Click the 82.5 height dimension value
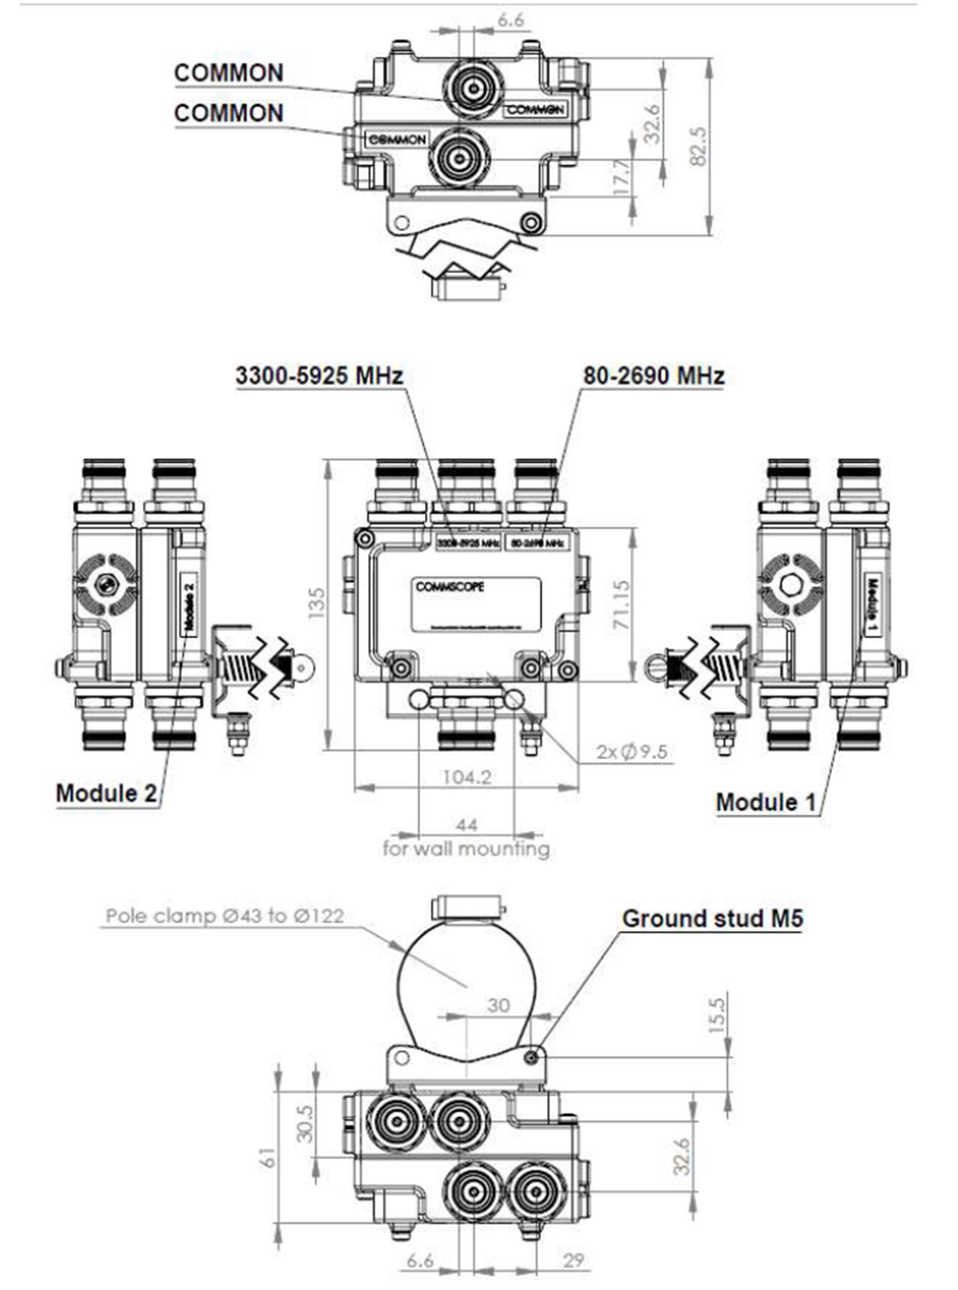(x=699, y=146)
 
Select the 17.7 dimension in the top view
(x=621, y=177)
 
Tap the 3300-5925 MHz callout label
(x=319, y=376)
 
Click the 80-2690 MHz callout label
(x=653, y=376)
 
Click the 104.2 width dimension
(x=467, y=777)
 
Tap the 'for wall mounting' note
(x=466, y=849)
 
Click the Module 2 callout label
(x=106, y=793)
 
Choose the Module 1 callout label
(x=766, y=803)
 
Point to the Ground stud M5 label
(x=713, y=918)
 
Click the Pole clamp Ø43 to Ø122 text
(x=225, y=916)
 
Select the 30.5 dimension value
(x=306, y=1123)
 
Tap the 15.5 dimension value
(x=717, y=1014)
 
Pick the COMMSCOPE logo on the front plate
(x=449, y=587)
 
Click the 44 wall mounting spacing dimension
(x=467, y=824)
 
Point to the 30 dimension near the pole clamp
(x=498, y=1005)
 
